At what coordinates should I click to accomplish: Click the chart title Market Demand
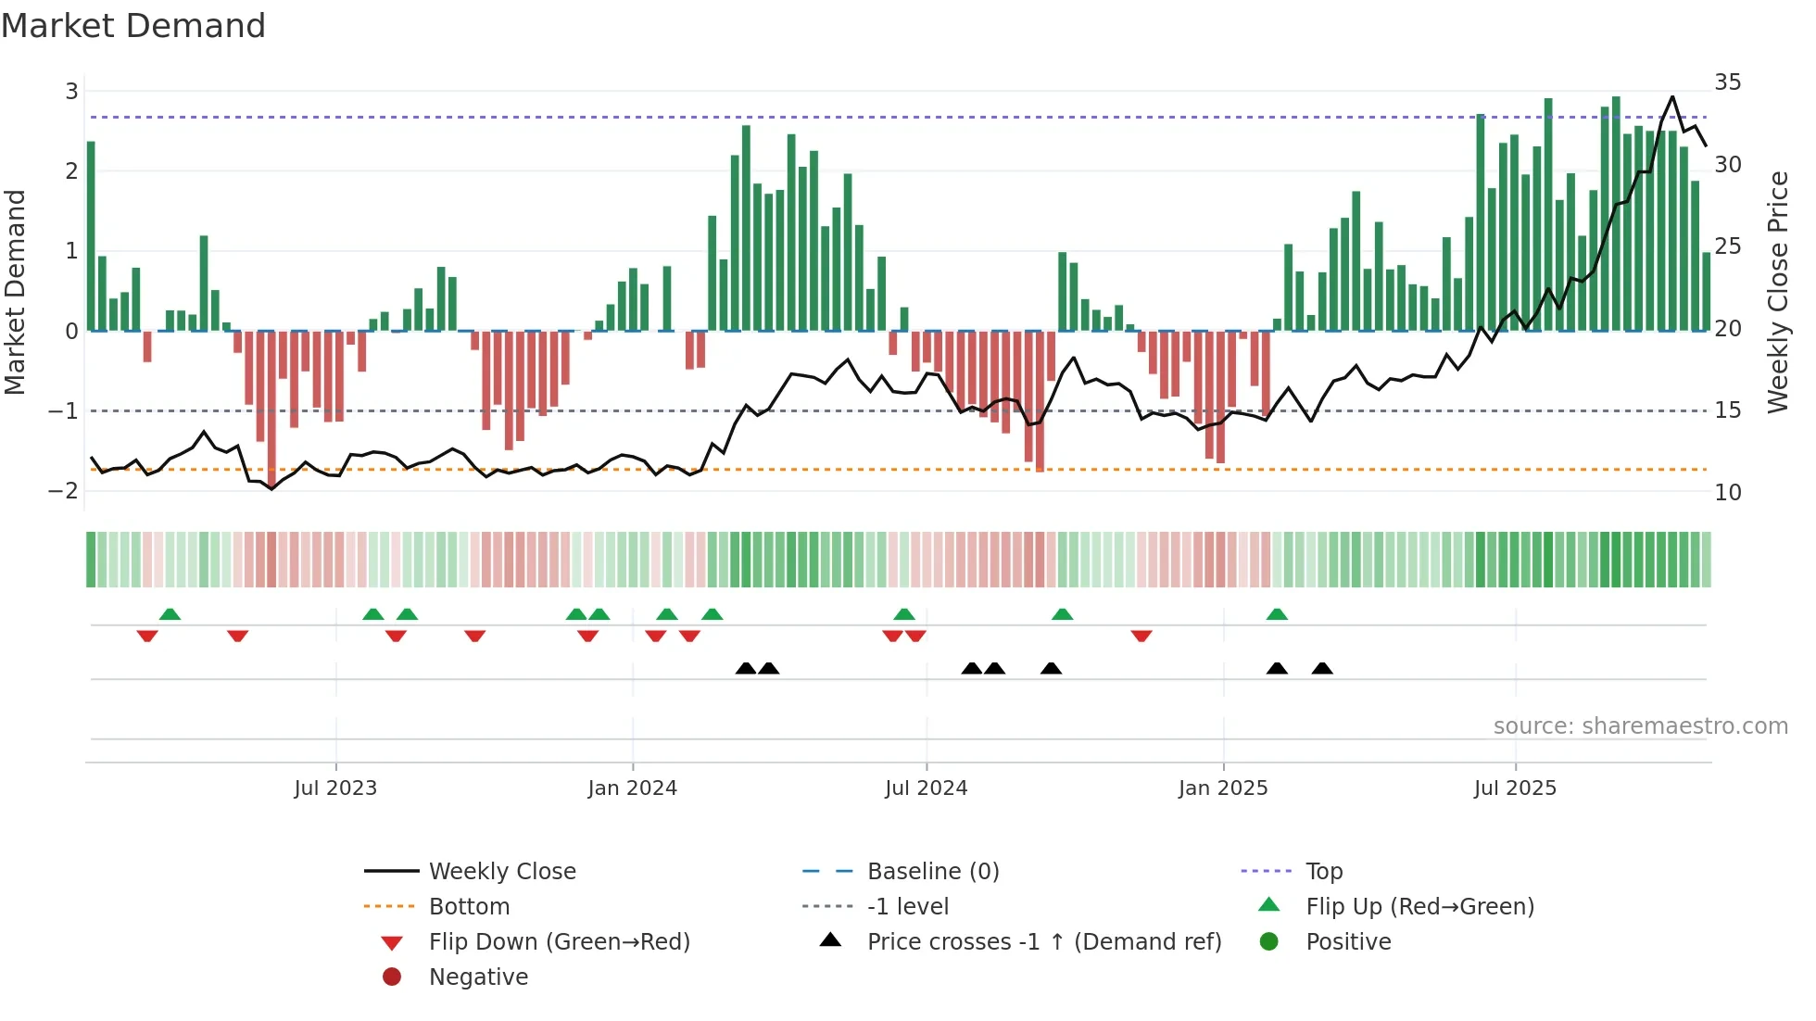pyautogui.click(x=133, y=26)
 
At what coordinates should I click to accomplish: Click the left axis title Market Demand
pyautogui.click(x=15, y=292)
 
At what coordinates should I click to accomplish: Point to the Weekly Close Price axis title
pyautogui.click(x=1777, y=292)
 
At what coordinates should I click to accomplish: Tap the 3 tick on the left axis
pyautogui.click(x=71, y=92)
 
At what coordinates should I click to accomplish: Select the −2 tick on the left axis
pyautogui.click(x=64, y=490)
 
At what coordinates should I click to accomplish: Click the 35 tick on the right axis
pyautogui.click(x=1727, y=82)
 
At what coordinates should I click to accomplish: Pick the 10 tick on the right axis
pyautogui.click(x=1727, y=493)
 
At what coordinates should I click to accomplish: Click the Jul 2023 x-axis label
pyautogui.click(x=335, y=788)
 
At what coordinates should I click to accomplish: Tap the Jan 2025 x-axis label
pyautogui.click(x=1223, y=788)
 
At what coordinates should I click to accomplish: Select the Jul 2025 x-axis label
pyautogui.click(x=1515, y=788)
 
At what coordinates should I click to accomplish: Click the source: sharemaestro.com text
pyautogui.click(x=1640, y=726)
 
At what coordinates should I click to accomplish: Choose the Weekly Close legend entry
pyautogui.click(x=501, y=872)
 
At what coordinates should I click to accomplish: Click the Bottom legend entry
pyautogui.click(x=469, y=907)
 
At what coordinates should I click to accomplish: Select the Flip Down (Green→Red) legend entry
pyautogui.click(x=559, y=942)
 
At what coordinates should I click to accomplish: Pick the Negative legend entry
pyautogui.click(x=478, y=977)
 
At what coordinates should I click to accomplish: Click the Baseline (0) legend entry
pyautogui.click(x=932, y=872)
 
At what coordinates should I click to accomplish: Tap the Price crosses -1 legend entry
pyautogui.click(x=1043, y=942)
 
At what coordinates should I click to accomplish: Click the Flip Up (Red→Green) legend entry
pyautogui.click(x=1419, y=907)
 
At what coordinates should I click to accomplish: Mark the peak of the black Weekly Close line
pyautogui.click(x=1672, y=96)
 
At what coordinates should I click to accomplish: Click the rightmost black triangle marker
pyautogui.click(x=1322, y=669)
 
